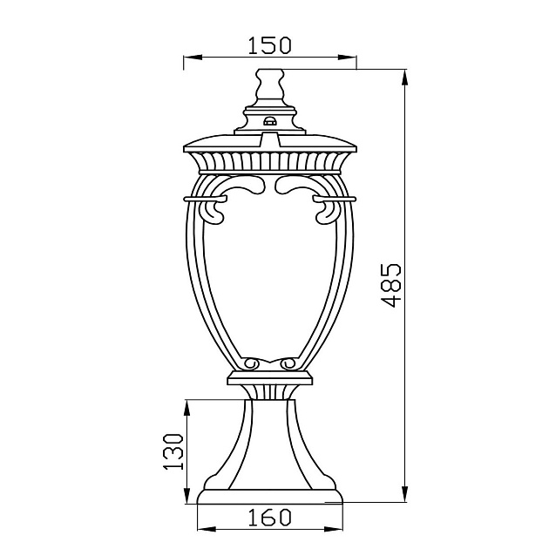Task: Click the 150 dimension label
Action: coord(269,45)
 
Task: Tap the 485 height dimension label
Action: coord(391,285)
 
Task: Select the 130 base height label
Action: coord(174,451)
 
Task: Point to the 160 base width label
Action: coord(269,517)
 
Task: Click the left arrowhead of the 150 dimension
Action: coord(193,58)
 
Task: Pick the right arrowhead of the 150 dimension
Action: coord(348,58)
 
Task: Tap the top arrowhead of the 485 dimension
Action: coord(404,78)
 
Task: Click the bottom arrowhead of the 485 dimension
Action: coord(404,494)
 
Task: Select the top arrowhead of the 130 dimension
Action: coord(186,408)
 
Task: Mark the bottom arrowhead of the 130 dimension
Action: coord(186,495)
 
